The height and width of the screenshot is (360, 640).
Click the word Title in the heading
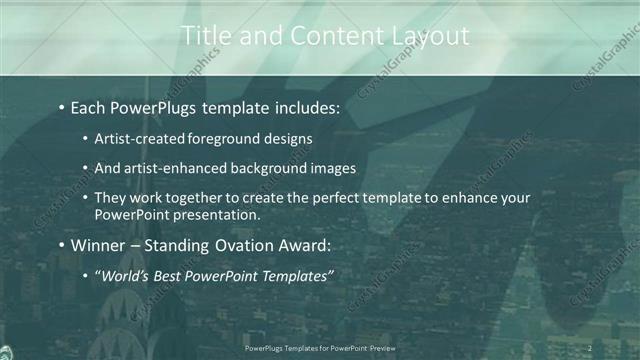(205, 36)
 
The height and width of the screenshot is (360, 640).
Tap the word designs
(286, 139)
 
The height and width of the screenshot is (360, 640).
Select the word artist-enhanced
(174, 168)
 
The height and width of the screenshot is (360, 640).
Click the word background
(272, 168)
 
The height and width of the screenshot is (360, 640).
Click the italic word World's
(126, 275)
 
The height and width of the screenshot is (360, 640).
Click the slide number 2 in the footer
(590, 348)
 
